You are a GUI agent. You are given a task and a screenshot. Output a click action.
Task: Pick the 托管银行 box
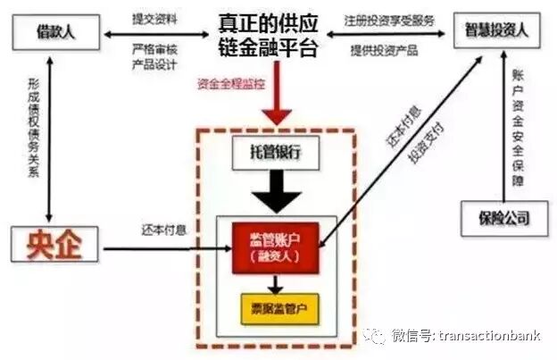[x=276, y=152]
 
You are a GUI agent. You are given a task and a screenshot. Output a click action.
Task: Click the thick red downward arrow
[x=278, y=108]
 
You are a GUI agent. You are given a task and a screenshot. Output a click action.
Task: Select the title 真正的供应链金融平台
[x=267, y=35]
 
